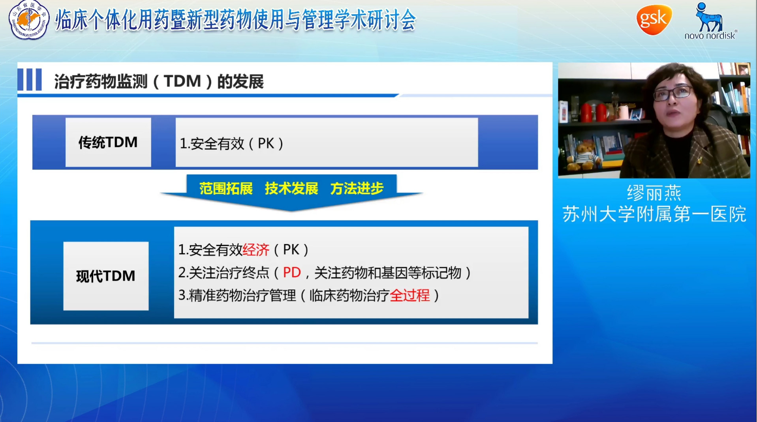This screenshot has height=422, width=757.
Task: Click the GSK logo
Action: tap(654, 20)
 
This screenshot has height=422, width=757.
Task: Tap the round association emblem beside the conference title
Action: tap(29, 20)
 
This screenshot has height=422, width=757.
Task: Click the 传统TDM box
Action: tap(108, 142)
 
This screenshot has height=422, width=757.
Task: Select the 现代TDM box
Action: tap(105, 276)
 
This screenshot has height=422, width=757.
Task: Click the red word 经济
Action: tap(256, 250)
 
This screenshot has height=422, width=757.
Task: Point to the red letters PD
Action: tap(292, 272)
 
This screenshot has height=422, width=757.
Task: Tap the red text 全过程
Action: tap(409, 295)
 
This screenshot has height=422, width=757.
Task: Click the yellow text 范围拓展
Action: tap(226, 189)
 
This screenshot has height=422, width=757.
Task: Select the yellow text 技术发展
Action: tap(291, 189)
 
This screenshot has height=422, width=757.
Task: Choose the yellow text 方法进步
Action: tap(357, 189)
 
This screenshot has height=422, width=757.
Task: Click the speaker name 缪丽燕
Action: tap(654, 193)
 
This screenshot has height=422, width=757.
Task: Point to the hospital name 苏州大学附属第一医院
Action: tap(654, 214)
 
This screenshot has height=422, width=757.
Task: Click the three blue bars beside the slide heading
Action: tap(30, 80)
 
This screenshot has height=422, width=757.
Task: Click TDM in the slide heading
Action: tap(182, 81)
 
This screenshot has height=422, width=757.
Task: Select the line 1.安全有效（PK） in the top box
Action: tap(231, 143)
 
